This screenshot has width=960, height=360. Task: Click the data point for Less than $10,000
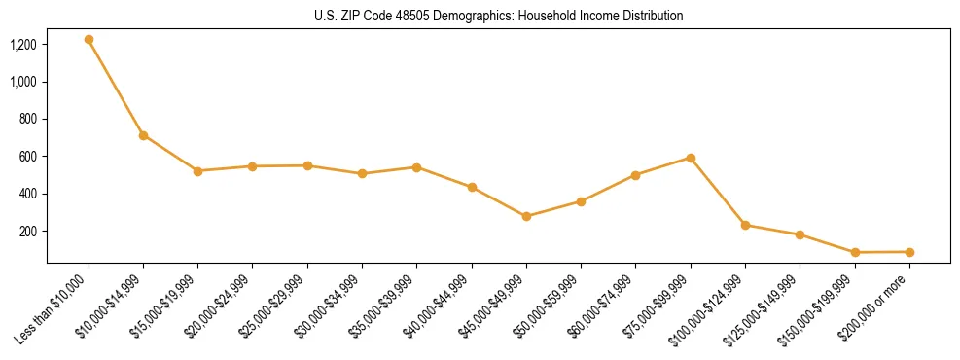89,40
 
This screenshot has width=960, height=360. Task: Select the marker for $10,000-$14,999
143,135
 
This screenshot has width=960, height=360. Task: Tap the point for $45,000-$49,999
526,216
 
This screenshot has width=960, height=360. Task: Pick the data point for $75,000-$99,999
691,158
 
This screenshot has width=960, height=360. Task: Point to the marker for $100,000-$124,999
745,225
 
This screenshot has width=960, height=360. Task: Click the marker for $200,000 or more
909,252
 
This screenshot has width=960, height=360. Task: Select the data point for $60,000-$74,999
635,175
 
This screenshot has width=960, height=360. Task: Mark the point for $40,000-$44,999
472,187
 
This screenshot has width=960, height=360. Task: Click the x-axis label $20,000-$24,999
220,306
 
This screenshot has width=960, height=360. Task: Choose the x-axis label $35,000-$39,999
384,306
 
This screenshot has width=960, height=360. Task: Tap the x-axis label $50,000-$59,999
549,306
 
